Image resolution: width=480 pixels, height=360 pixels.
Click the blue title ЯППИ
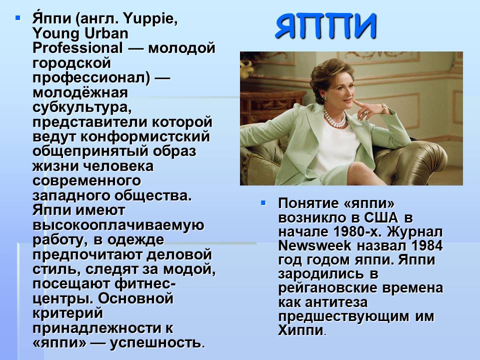[325, 26]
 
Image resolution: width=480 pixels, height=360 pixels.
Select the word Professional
[78, 48]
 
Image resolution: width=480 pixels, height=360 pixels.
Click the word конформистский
[145, 136]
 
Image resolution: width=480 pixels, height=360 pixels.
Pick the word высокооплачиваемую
[118, 225]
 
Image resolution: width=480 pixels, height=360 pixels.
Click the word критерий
[67, 313]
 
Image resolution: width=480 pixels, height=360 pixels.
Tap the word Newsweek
[314, 245]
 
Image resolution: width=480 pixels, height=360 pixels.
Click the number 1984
[427, 245]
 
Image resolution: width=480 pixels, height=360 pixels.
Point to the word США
[381, 217]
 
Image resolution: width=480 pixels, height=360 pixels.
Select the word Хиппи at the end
[300, 330]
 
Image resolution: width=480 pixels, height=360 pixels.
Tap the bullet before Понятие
[263, 203]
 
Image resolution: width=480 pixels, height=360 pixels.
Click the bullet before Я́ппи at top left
[18, 18]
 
